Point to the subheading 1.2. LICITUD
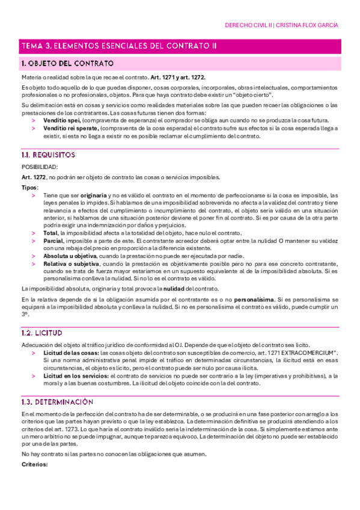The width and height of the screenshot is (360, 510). point(42,332)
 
